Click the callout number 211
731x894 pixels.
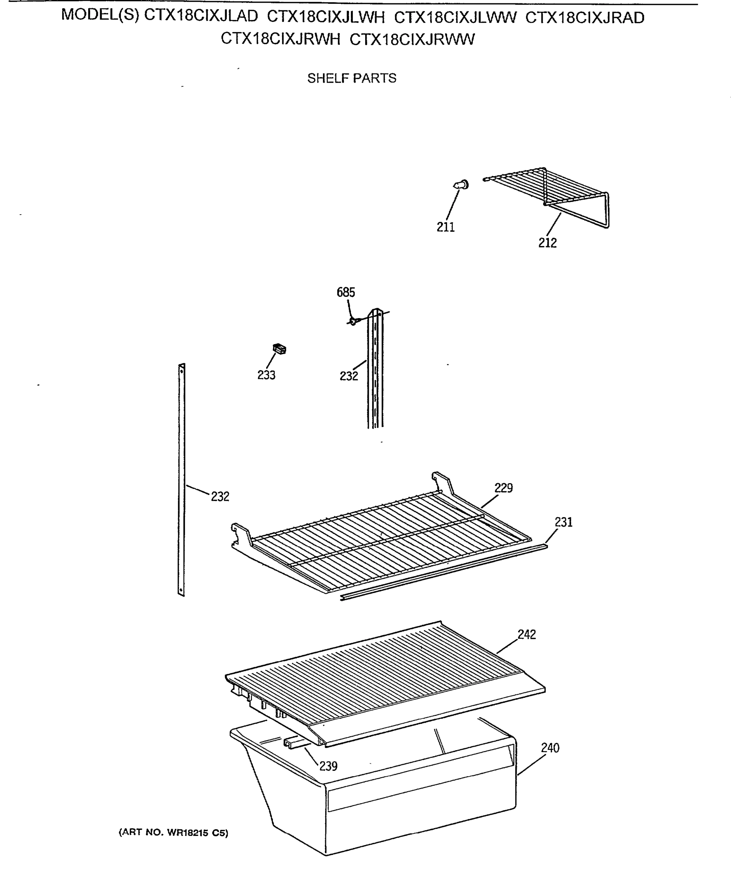[x=446, y=227]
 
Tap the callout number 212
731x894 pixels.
[x=547, y=243]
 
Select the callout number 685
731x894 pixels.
[x=346, y=292]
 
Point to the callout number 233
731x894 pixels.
[x=266, y=375]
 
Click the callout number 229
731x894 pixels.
[x=503, y=488]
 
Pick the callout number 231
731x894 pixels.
[x=564, y=522]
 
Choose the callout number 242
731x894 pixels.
[x=526, y=634]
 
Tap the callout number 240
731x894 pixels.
[x=550, y=748]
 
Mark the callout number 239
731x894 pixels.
[x=328, y=766]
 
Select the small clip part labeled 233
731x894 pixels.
[x=280, y=349]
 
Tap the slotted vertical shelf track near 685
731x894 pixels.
[x=375, y=371]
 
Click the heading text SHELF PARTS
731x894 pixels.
[x=352, y=78]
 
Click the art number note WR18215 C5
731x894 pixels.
[x=173, y=833]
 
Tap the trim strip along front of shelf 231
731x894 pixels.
[x=442, y=573]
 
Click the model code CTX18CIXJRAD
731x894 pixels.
[x=585, y=18]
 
